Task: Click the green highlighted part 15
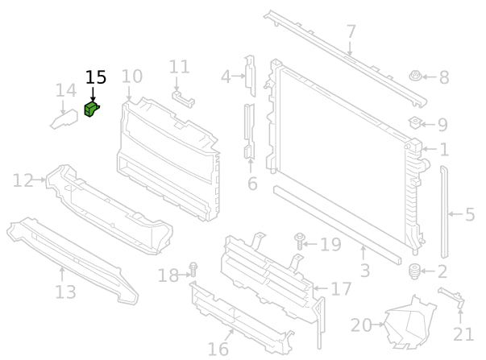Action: click(x=92, y=109)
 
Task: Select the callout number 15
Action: click(x=96, y=77)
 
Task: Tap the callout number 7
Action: click(x=351, y=33)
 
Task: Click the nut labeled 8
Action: click(x=415, y=78)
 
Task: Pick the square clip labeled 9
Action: click(x=416, y=123)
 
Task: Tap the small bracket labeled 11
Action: click(x=183, y=97)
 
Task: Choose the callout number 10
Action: click(x=131, y=77)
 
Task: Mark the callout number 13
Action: click(x=65, y=291)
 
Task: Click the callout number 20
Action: click(x=361, y=325)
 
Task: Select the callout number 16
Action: click(x=218, y=349)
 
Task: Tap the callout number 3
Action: click(x=364, y=271)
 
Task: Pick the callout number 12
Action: click(x=23, y=180)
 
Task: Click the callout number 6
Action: click(x=252, y=184)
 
